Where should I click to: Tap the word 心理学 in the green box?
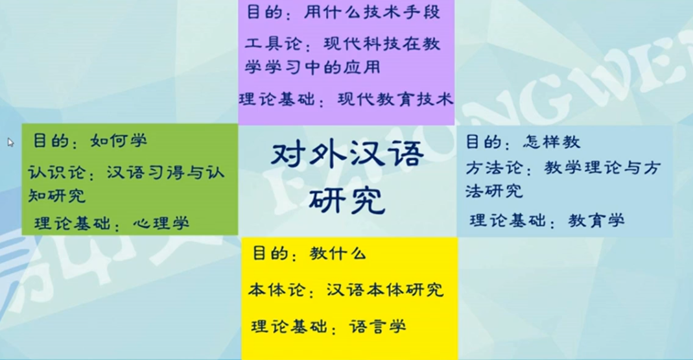(x=161, y=223)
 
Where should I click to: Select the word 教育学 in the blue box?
(x=596, y=221)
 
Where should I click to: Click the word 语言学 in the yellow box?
(x=377, y=326)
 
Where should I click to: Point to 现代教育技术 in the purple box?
(x=395, y=99)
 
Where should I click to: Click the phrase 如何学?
(x=119, y=141)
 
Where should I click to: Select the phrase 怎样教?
(x=552, y=142)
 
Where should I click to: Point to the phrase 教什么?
(x=338, y=254)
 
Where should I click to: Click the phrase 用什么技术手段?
(x=372, y=12)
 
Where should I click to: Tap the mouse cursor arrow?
(x=10, y=142)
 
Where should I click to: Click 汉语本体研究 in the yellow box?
(x=385, y=290)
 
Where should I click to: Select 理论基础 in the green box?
(x=72, y=223)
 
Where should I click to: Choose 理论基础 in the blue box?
(x=508, y=221)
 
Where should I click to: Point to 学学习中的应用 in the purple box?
(x=312, y=67)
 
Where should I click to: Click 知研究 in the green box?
(x=56, y=195)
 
